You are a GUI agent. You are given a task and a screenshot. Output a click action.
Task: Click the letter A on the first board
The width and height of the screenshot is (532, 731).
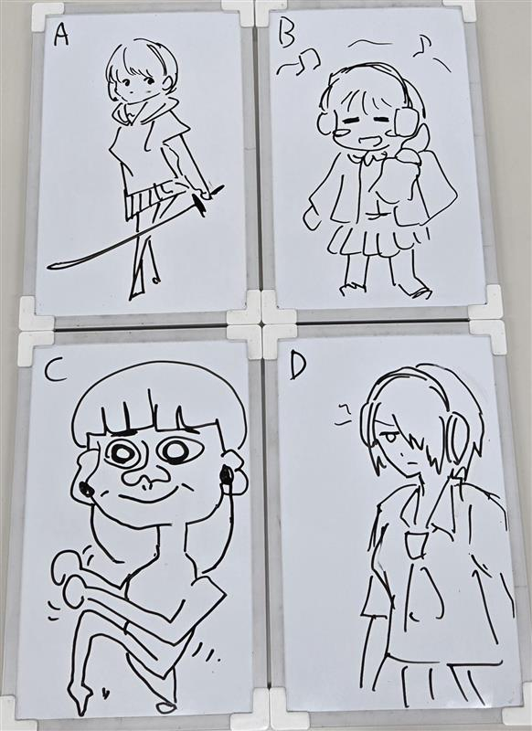tap(60, 35)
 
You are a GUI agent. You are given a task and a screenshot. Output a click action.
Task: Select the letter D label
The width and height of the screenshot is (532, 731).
tap(298, 368)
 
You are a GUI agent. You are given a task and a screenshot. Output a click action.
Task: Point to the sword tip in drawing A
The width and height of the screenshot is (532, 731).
tap(49, 267)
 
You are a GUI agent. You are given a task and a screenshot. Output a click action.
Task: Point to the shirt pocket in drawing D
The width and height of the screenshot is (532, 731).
tap(416, 546)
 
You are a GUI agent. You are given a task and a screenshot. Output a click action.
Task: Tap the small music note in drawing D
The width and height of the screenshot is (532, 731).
tap(343, 414)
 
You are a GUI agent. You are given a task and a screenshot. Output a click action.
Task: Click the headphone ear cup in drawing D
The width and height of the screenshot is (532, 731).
tap(458, 436)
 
